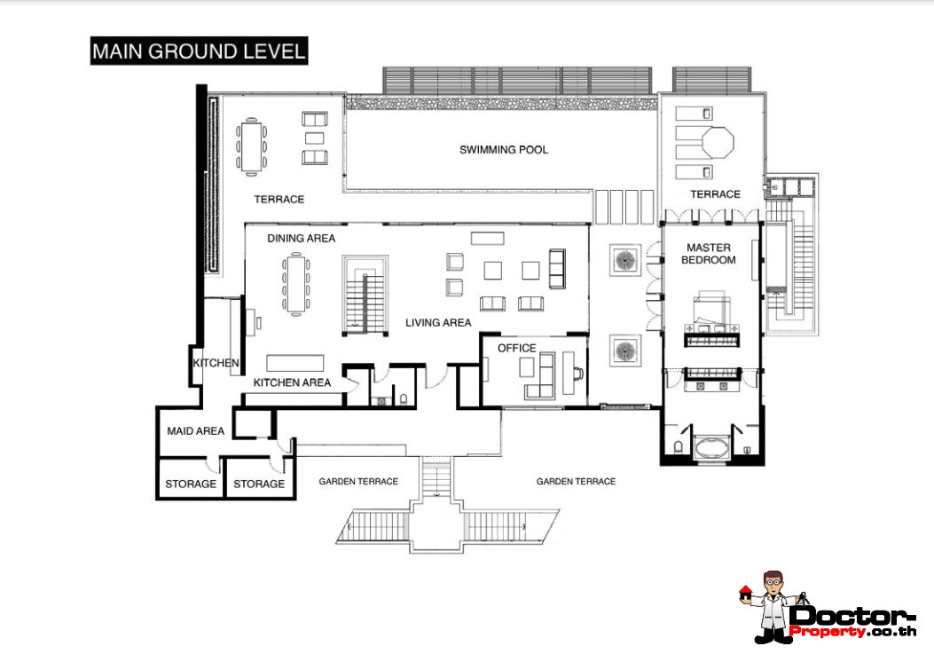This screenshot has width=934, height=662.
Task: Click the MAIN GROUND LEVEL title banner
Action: tap(199, 51)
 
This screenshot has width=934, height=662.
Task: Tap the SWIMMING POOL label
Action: tap(503, 150)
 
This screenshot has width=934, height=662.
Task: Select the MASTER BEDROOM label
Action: tap(708, 253)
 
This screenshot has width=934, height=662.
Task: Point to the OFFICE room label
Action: tap(516, 348)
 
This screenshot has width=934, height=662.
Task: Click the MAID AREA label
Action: tap(195, 430)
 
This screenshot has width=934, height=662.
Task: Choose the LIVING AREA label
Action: tap(438, 322)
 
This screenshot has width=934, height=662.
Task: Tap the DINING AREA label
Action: tap(301, 239)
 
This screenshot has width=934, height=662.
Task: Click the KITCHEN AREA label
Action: tap(292, 382)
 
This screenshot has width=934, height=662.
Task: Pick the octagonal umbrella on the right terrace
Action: tap(718, 142)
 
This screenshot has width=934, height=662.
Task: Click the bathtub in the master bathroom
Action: tap(711, 447)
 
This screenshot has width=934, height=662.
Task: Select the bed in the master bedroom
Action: tap(711, 319)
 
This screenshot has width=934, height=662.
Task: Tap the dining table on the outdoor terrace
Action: tap(252, 146)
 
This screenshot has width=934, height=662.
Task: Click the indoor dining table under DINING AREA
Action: tap(296, 284)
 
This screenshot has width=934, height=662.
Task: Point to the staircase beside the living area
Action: tap(365, 296)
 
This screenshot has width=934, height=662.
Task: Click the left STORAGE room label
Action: tap(191, 484)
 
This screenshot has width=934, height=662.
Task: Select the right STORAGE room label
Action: tap(259, 484)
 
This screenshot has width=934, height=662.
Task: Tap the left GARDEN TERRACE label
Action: tap(358, 482)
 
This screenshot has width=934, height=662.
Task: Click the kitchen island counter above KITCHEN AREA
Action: tap(294, 363)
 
